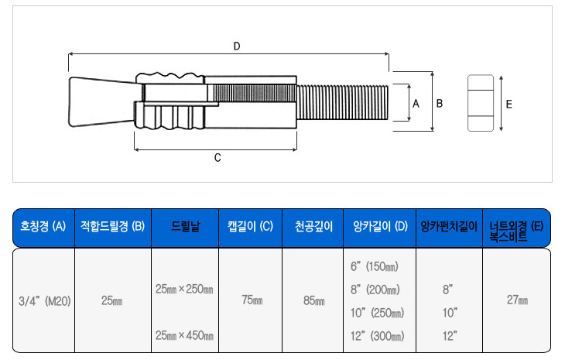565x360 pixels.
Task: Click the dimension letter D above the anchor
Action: (x=237, y=46)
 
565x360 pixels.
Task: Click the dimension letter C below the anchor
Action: (x=217, y=158)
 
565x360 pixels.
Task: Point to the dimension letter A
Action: (x=416, y=103)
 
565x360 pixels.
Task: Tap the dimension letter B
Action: (x=440, y=103)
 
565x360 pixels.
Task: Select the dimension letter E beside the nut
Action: (x=508, y=103)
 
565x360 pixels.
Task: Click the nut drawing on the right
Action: (x=481, y=103)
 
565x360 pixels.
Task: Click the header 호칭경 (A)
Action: (x=43, y=227)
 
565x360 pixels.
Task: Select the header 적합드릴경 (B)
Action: (x=112, y=227)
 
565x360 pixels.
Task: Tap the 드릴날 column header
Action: (x=184, y=227)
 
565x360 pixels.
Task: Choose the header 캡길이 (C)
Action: (x=251, y=227)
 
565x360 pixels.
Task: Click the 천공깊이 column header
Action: (x=313, y=227)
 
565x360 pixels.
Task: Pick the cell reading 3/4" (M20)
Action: (x=43, y=300)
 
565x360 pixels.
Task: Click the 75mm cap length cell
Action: (x=252, y=300)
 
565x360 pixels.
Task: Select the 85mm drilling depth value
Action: (x=313, y=300)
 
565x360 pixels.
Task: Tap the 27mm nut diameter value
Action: (x=516, y=300)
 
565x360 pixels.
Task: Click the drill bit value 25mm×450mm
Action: (x=184, y=335)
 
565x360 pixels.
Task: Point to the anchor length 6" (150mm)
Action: (x=375, y=266)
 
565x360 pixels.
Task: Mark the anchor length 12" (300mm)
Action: (x=377, y=336)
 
